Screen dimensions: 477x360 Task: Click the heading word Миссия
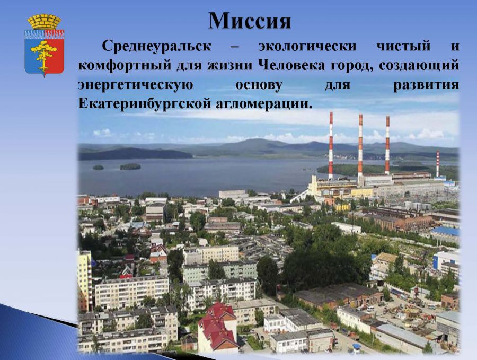(250, 21)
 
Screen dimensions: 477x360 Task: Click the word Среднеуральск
(156, 46)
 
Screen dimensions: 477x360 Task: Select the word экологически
(307, 47)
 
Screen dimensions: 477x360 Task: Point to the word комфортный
(126, 66)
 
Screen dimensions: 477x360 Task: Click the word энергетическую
(135, 85)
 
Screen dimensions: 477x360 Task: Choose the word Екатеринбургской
(145, 104)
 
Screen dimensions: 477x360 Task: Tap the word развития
(426, 85)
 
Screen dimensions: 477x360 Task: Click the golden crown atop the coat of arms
(45, 22)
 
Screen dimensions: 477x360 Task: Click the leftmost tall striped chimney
(331, 145)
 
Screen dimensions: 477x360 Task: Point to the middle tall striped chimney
(360, 145)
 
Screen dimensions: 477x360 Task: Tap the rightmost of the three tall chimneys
(387, 145)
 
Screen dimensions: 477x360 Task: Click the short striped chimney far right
(437, 164)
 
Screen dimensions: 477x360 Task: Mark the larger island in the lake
(130, 167)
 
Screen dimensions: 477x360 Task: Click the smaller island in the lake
(98, 168)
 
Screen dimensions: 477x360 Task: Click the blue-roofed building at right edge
(445, 232)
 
